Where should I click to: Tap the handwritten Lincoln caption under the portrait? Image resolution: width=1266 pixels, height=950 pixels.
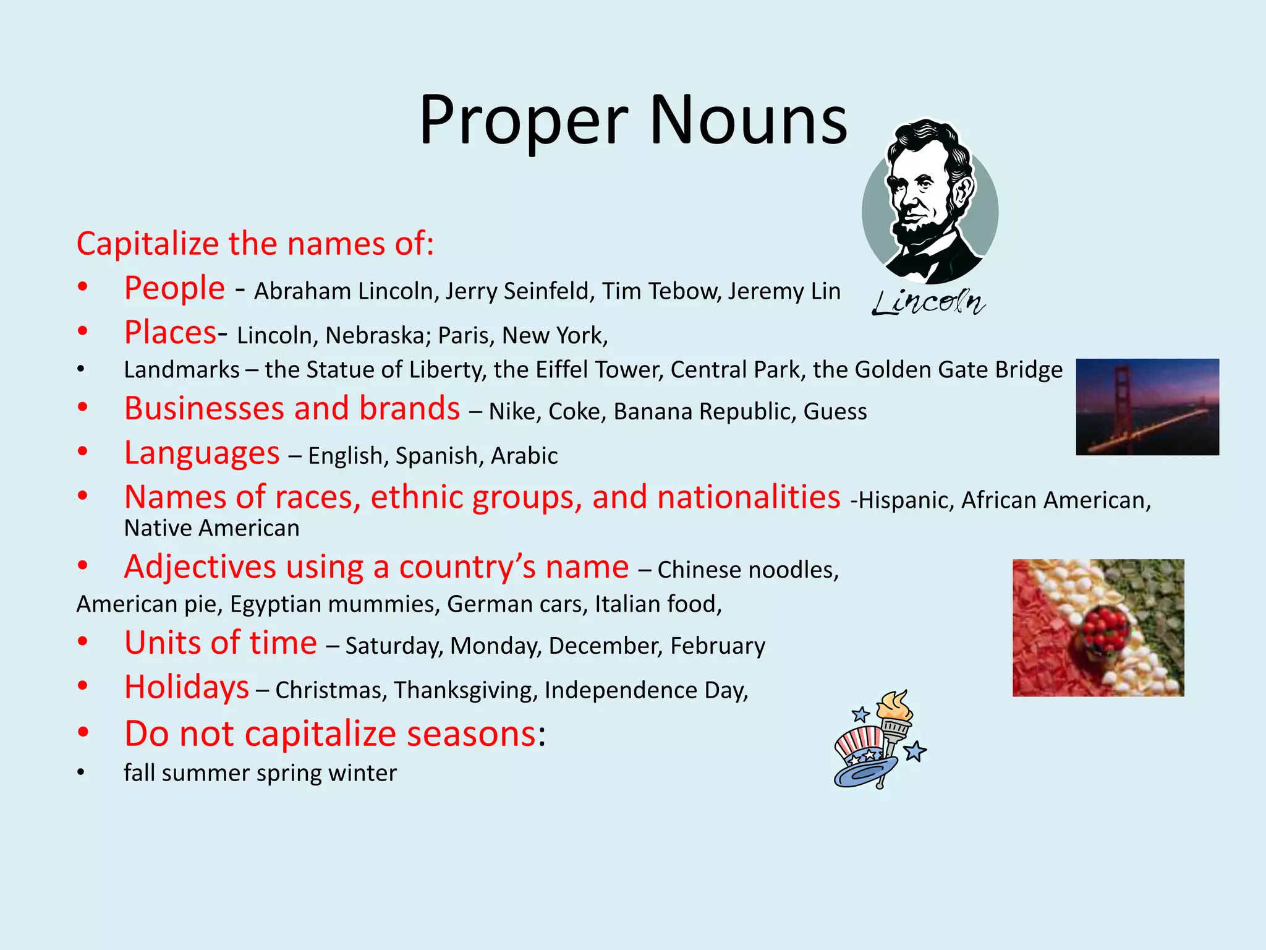(928, 302)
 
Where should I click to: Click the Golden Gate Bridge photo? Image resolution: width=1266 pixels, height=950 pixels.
(1147, 407)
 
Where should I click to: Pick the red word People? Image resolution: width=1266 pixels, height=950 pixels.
(174, 288)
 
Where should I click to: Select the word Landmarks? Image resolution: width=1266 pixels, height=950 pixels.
(182, 370)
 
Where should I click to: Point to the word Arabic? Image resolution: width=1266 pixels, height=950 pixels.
(524, 456)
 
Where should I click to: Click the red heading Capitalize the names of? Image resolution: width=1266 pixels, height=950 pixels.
(255, 244)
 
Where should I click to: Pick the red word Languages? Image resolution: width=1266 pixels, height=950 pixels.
(202, 453)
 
